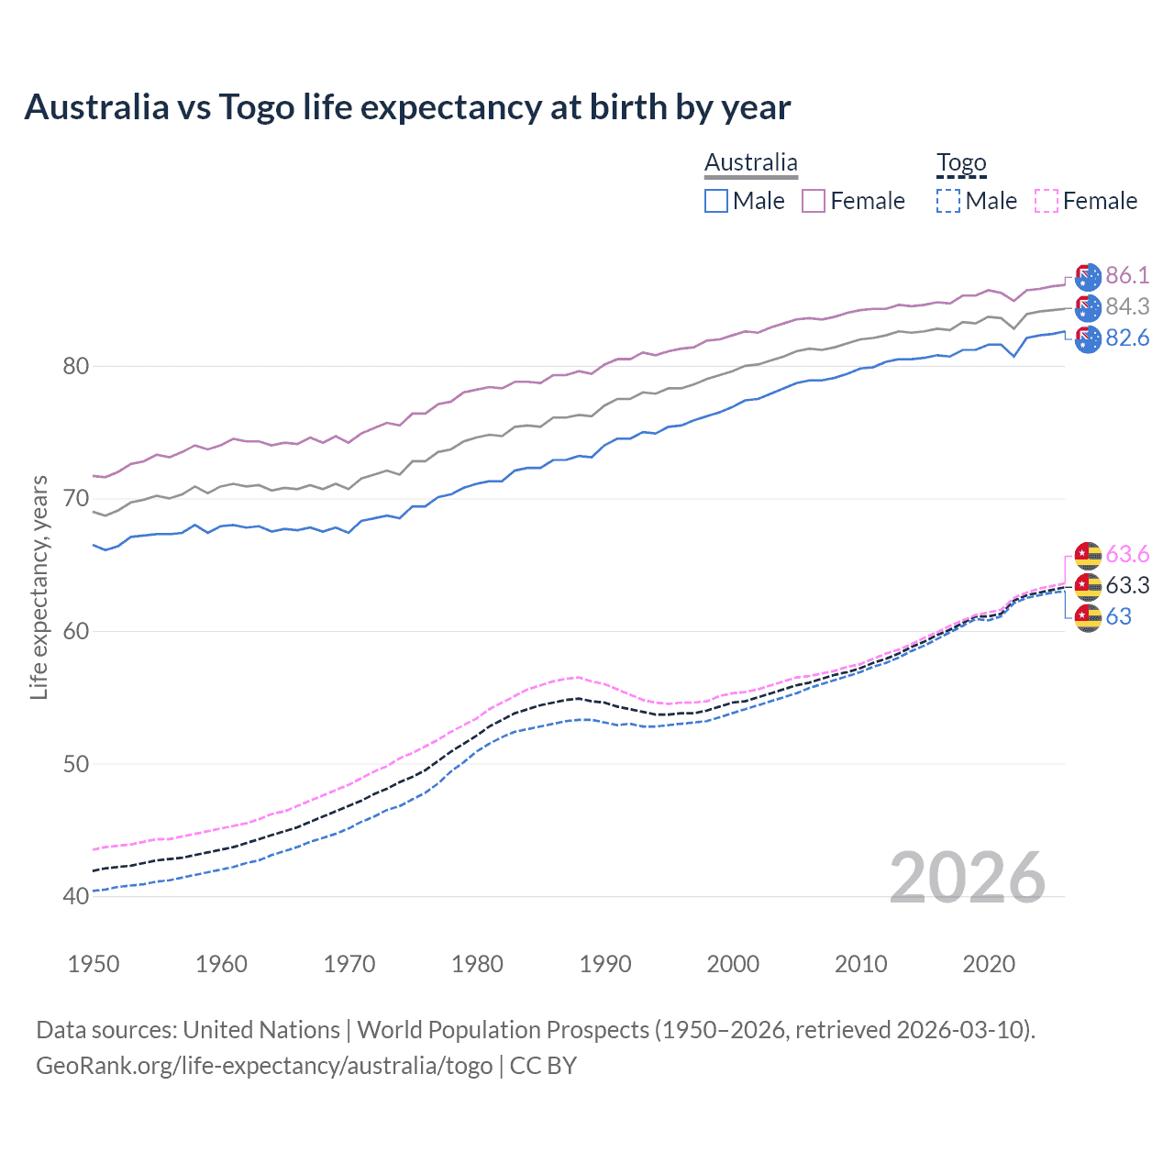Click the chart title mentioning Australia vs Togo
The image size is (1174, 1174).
[x=407, y=107]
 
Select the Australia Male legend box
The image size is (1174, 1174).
[x=716, y=201]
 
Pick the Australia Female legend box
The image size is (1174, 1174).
[x=814, y=201]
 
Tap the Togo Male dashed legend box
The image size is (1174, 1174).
[x=948, y=201]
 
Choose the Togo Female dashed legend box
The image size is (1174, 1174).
[x=1047, y=201]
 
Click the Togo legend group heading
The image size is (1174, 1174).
[x=961, y=163]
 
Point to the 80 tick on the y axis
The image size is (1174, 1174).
[x=76, y=366]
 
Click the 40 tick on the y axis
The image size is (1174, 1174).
[x=76, y=896]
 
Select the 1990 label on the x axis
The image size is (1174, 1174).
[x=605, y=964]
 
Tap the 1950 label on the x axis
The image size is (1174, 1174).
[x=94, y=964]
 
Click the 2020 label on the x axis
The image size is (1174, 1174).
[x=989, y=964]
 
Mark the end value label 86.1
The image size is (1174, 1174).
[x=1127, y=275]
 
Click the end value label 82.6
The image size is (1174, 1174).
[x=1127, y=338]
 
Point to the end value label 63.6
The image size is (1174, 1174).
[x=1127, y=554]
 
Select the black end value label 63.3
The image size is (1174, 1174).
[x=1127, y=585]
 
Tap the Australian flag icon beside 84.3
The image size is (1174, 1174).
[x=1088, y=307]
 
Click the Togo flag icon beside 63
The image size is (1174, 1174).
[x=1088, y=617]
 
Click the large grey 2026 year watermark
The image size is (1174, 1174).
[x=967, y=878]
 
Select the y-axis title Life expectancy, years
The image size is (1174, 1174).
[x=39, y=587]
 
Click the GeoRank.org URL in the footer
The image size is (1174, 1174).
[x=264, y=1066]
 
